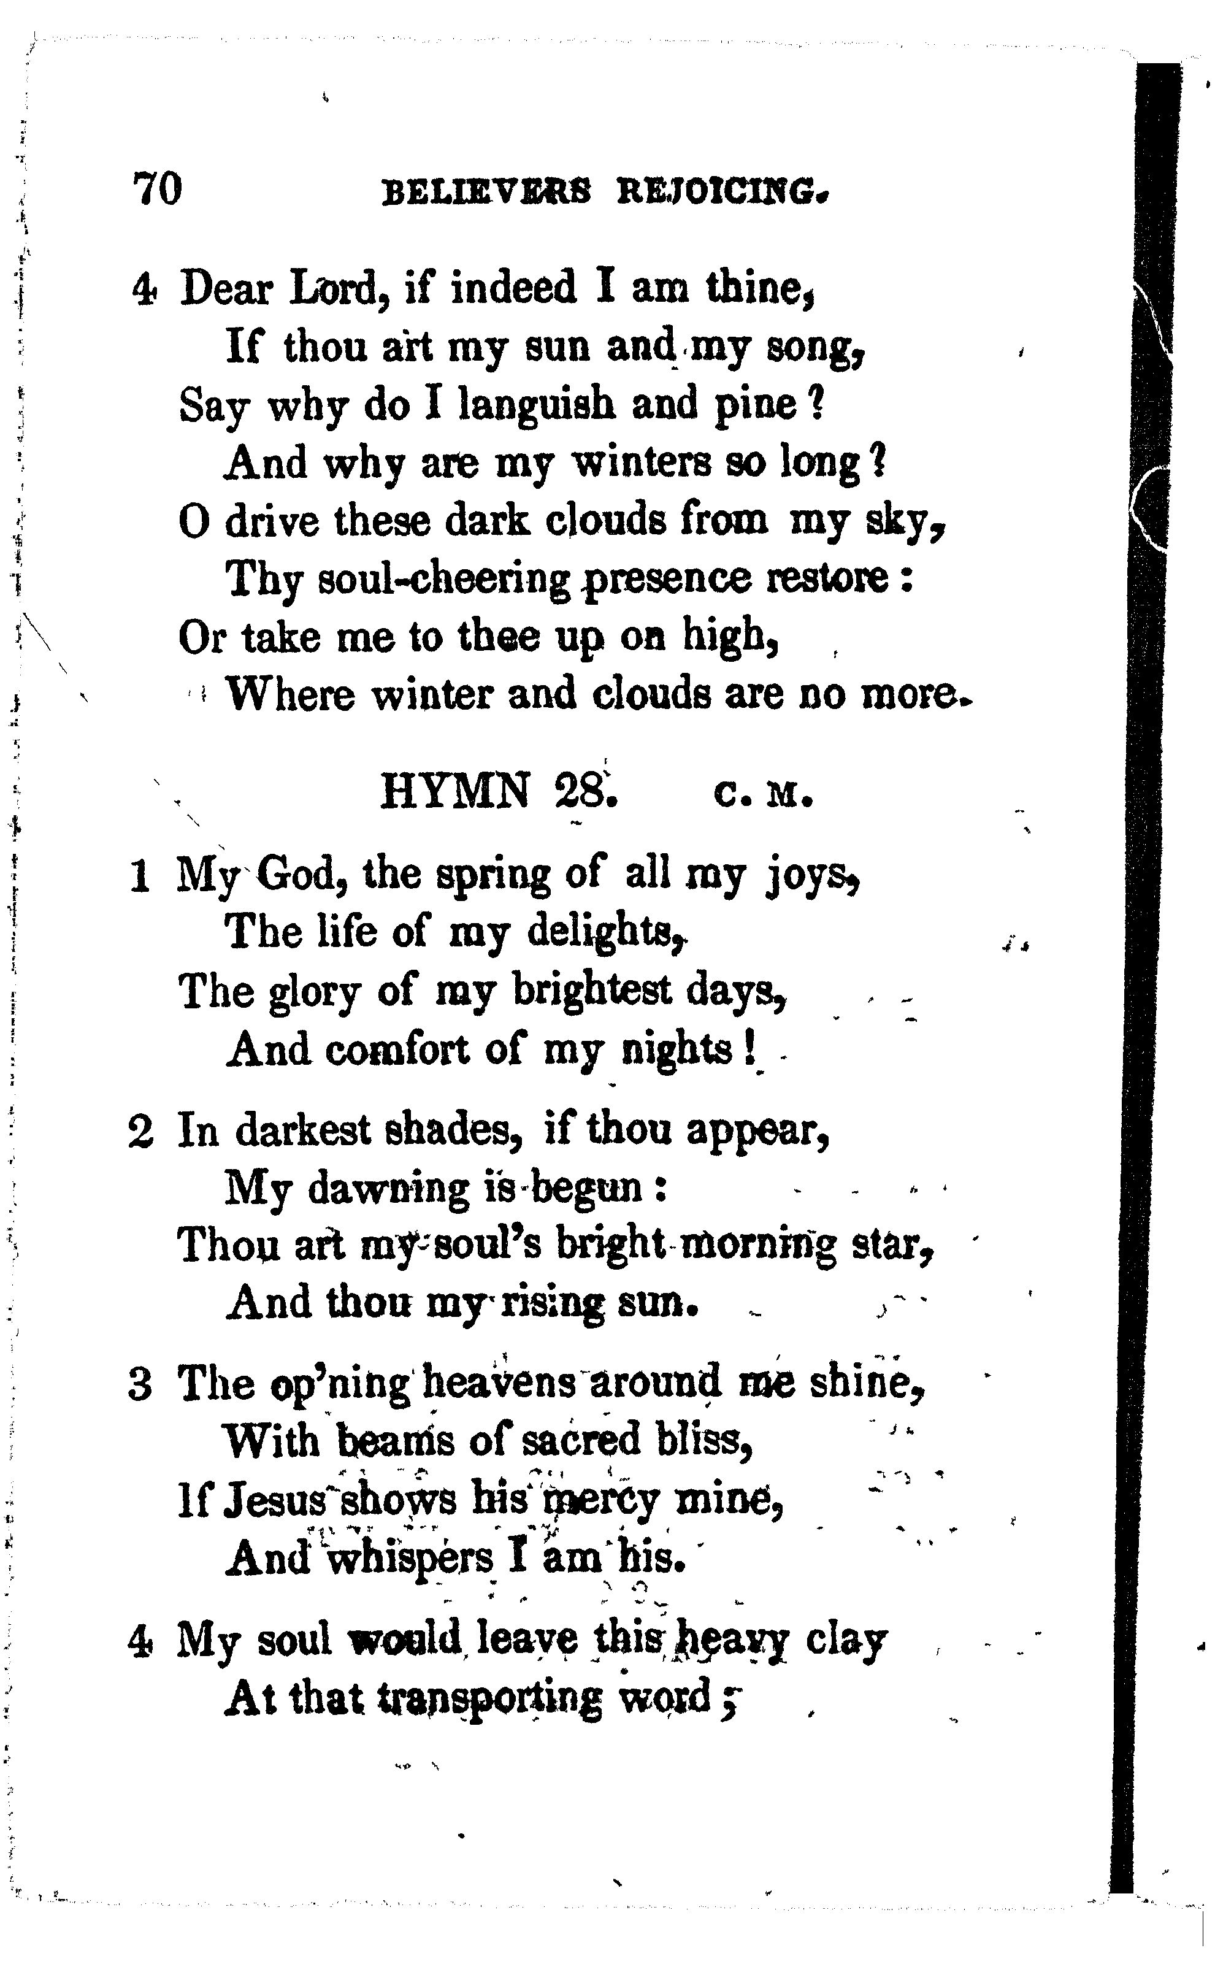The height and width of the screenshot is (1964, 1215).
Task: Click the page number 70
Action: (x=158, y=190)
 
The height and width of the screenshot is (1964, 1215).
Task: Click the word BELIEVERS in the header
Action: (x=486, y=193)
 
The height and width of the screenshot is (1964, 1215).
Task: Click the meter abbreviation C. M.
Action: (x=762, y=795)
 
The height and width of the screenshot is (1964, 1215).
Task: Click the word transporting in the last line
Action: (x=489, y=1698)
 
